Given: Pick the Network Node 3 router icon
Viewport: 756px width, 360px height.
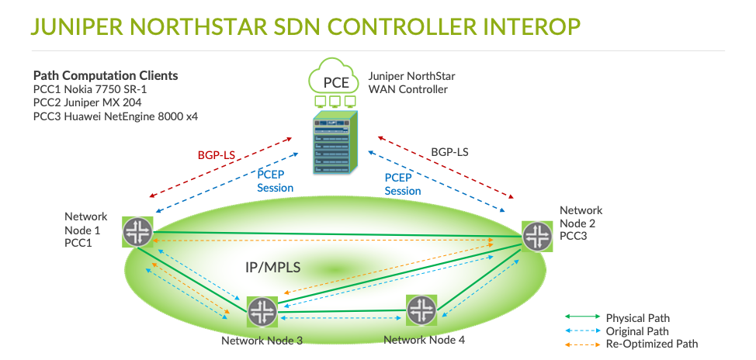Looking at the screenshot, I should (262, 312).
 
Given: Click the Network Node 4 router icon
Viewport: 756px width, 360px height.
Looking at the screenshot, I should (421, 310).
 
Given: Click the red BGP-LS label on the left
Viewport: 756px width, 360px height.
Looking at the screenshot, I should (217, 155).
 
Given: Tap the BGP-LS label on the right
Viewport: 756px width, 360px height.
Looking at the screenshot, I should (449, 152).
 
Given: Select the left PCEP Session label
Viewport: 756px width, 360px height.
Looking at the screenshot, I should (275, 182).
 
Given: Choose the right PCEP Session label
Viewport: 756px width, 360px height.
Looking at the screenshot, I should (403, 184).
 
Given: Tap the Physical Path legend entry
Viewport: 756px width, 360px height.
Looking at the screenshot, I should (637, 318).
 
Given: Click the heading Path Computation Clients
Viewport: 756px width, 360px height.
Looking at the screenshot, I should (106, 76).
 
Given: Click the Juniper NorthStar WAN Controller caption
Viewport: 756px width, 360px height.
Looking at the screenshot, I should (412, 83).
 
